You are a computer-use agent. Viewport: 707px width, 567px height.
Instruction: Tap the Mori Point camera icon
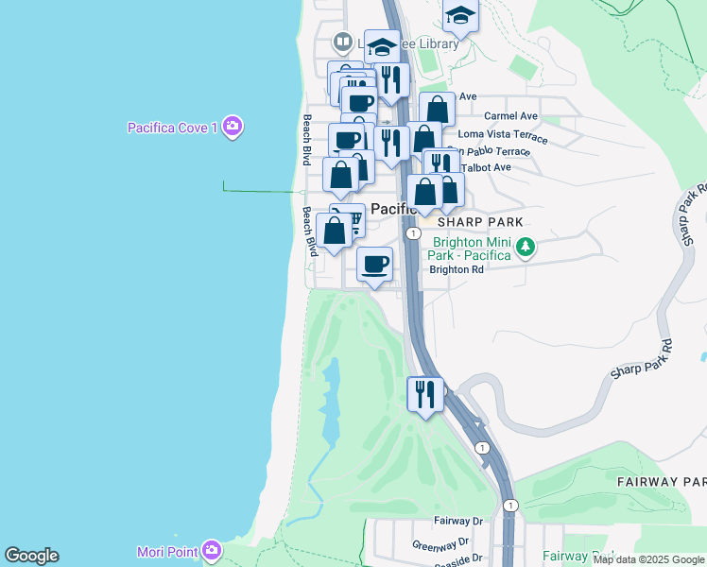pos(213,549)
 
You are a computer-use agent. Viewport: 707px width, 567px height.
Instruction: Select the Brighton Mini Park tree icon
pos(526,249)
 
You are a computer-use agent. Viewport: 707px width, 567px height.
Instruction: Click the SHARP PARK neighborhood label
pos(480,221)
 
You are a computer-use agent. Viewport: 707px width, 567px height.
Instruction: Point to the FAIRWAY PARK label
pos(662,482)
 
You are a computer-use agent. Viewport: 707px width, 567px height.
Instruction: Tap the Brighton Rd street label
pos(457,269)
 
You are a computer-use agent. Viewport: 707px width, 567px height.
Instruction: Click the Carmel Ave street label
pos(510,116)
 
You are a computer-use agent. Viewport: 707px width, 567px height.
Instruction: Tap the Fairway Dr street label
pos(458,521)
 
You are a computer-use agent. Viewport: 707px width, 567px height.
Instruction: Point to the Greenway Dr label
pos(440,544)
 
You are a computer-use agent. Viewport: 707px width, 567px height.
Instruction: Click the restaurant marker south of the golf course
pos(425,393)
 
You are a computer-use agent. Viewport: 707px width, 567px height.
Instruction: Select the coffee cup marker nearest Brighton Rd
pos(375,264)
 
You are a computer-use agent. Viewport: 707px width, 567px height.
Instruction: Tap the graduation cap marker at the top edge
pos(460,14)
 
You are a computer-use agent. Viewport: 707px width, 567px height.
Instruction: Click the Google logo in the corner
pos(31,556)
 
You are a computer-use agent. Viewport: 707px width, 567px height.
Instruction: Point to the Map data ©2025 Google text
pos(649,560)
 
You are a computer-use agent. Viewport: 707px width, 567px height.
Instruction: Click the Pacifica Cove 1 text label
pos(173,128)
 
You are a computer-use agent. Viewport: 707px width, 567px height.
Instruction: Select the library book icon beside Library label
pos(341,43)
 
